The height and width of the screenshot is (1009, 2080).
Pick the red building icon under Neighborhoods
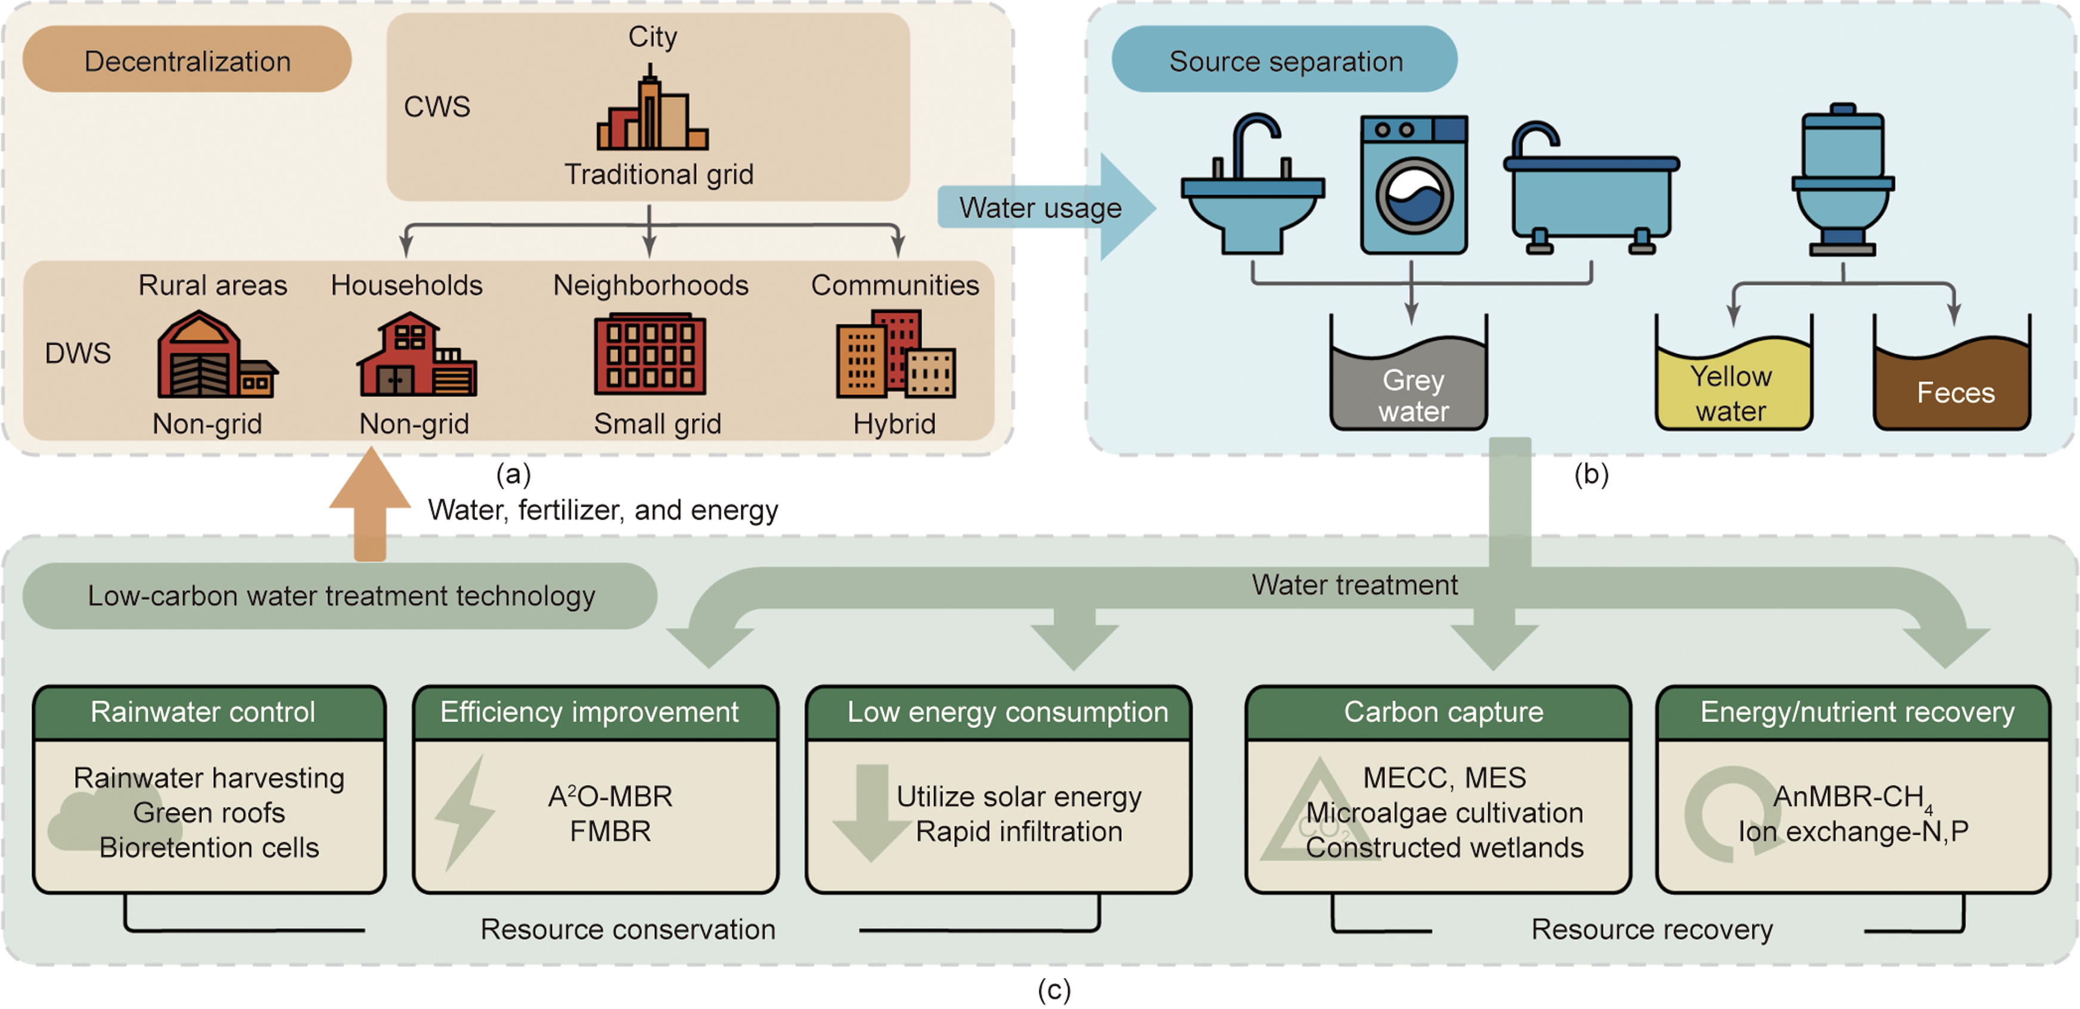point(650,354)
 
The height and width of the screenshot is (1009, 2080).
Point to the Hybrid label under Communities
point(894,423)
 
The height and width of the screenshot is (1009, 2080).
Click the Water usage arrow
point(1045,208)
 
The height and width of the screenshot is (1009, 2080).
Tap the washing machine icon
point(1413,185)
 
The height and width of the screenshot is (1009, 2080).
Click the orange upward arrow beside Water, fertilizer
point(370,505)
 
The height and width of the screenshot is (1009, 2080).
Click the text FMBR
point(610,831)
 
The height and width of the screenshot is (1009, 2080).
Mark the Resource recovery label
point(1651,929)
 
